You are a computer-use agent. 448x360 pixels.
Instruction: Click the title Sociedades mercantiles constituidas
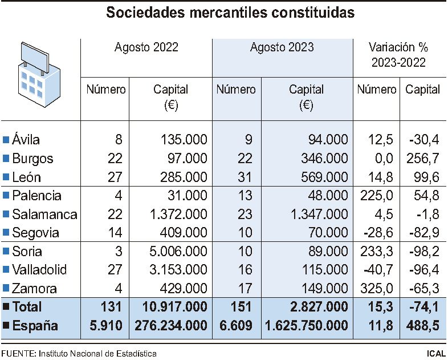coord(223,13)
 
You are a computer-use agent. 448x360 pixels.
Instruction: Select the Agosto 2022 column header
coord(146,47)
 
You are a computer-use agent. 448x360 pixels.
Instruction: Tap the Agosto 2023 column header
coord(282,47)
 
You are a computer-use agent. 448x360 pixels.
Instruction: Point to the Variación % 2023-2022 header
coord(398,55)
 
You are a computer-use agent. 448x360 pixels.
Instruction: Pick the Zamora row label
coord(38,289)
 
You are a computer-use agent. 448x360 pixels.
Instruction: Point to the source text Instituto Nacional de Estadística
coord(97,353)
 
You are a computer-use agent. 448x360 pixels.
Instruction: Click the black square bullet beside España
coord(6,326)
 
